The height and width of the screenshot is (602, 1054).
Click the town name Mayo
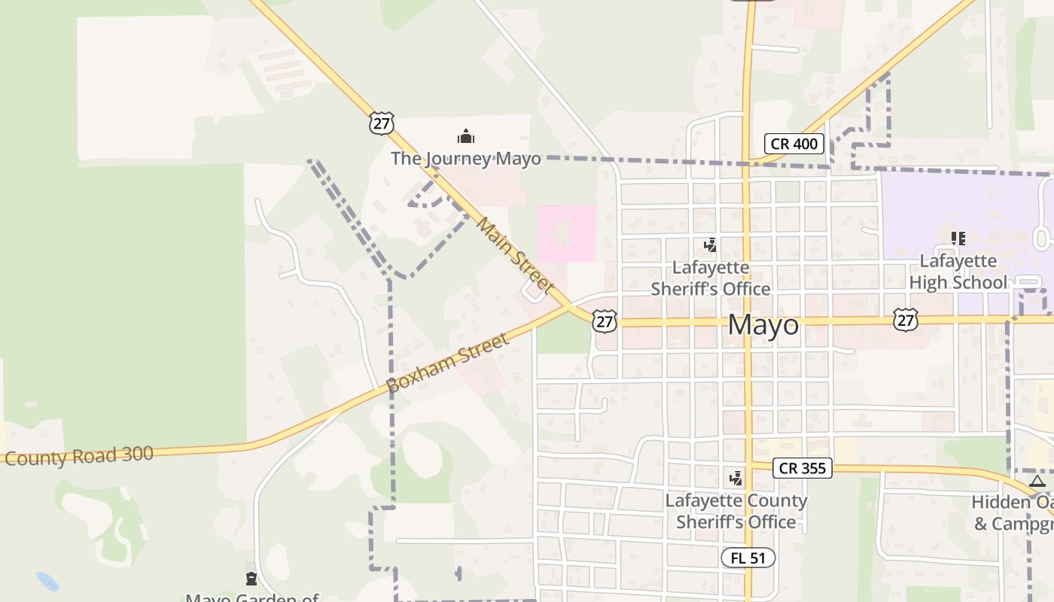click(x=763, y=325)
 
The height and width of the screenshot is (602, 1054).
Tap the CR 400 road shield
click(x=794, y=144)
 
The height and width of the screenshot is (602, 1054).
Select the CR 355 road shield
click(x=802, y=468)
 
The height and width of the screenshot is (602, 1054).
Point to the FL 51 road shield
click(x=748, y=558)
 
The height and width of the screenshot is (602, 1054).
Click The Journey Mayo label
click(x=465, y=159)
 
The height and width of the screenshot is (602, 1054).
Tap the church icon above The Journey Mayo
click(x=466, y=137)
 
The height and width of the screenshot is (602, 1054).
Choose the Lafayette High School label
click(x=958, y=272)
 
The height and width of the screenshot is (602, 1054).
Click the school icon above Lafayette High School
click(x=958, y=239)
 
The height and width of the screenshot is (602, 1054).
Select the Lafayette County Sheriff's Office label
click(x=736, y=511)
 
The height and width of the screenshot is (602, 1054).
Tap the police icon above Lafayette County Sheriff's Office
click(x=736, y=478)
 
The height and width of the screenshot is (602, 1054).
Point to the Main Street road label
click(x=516, y=256)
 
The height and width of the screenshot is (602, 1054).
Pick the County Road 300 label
click(x=79, y=456)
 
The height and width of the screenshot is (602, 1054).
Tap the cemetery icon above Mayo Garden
click(x=251, y=579)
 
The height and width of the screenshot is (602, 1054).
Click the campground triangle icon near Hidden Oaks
click(x=1037, y=482)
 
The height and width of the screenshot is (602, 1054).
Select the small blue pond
click(x=47, y=581)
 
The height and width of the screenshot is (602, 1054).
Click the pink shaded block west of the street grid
click(x=566, y=233)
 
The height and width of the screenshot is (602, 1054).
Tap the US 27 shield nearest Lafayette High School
click(x=906, y=319)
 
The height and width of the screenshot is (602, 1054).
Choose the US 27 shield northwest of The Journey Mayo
click(x=382, y=123)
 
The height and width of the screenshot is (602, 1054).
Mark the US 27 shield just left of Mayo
click(x=604, y=321)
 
